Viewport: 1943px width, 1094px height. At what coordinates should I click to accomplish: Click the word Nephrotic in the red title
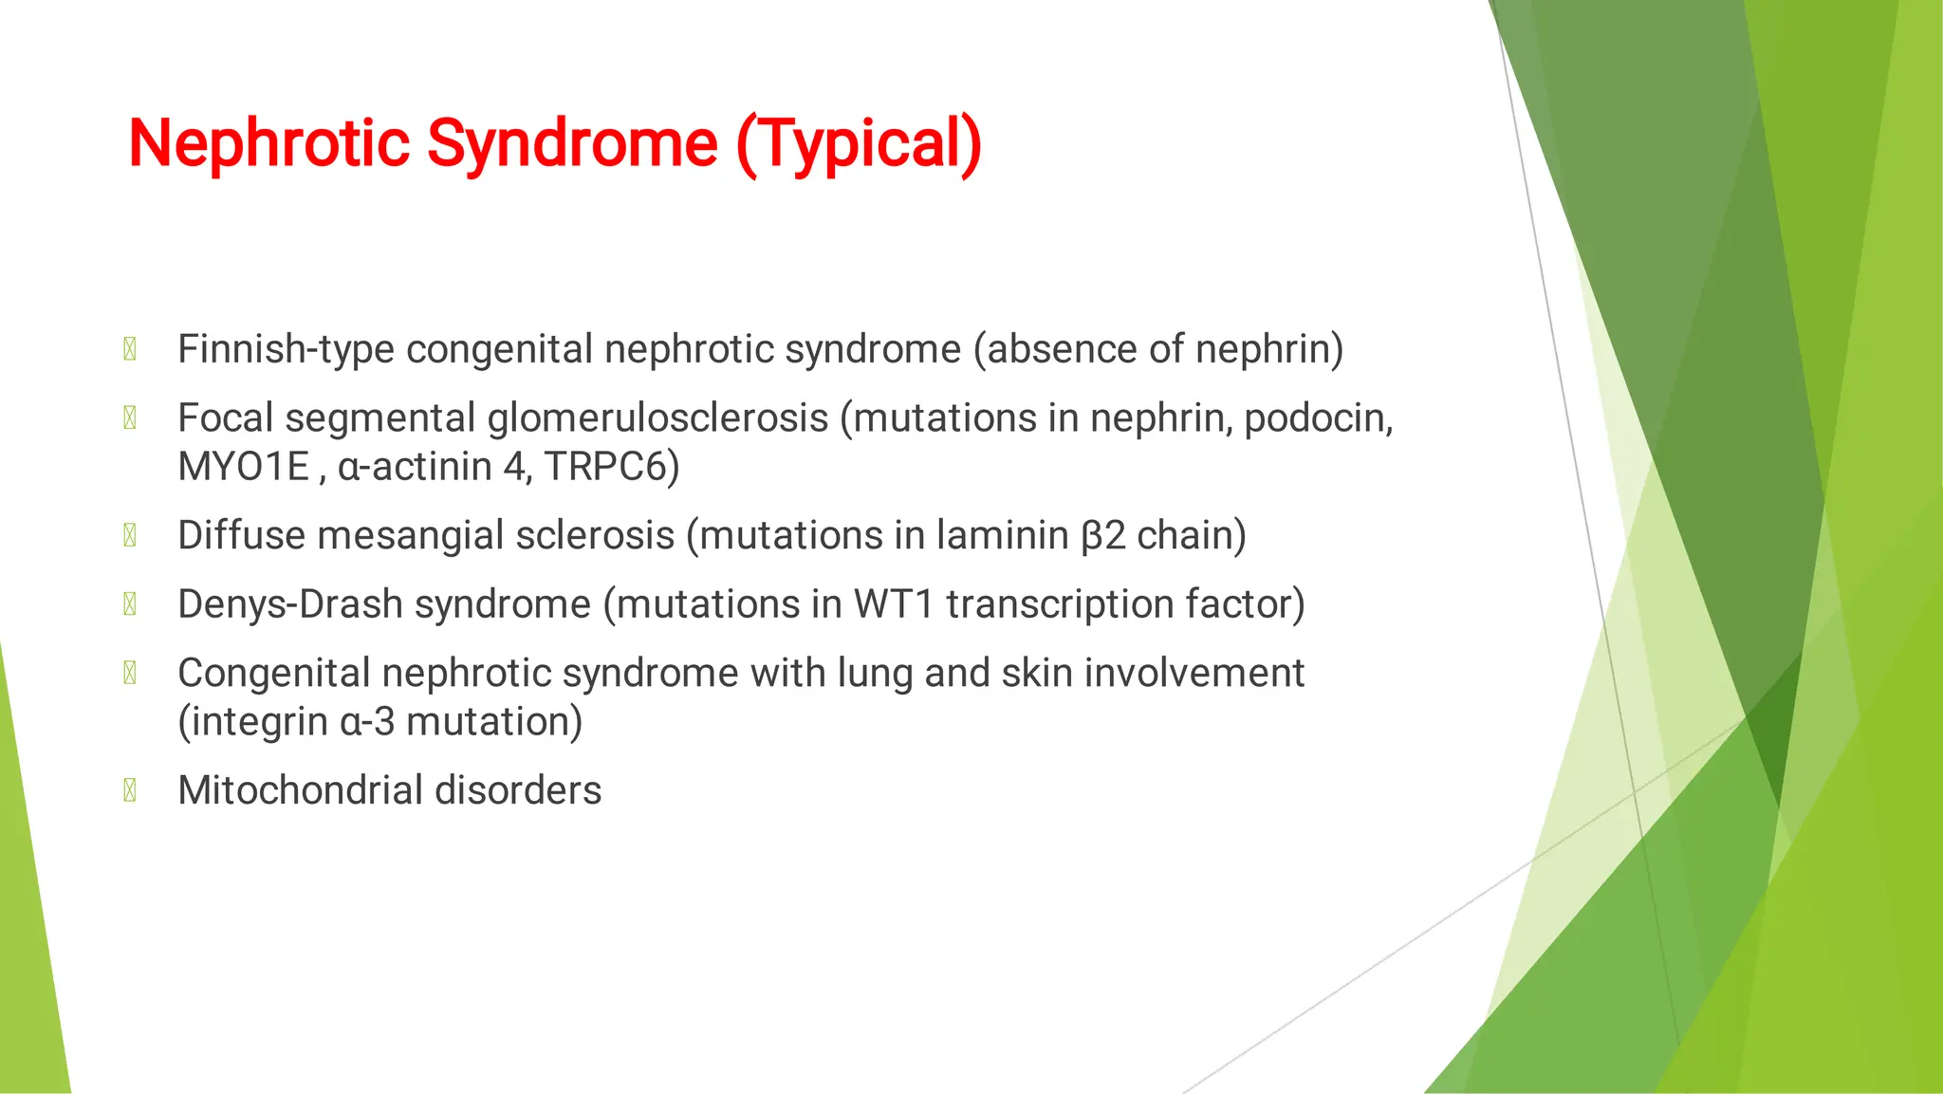[268, 144]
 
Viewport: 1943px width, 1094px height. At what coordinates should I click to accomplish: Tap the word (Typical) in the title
[859, 144]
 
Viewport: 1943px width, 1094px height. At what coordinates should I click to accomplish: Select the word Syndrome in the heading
[572, 144]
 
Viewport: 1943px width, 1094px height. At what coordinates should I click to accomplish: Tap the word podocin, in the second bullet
[1319, 418]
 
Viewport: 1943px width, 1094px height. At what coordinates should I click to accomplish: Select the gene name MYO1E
[244, 467]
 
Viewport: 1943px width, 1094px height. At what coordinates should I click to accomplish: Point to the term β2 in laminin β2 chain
[1102, 536]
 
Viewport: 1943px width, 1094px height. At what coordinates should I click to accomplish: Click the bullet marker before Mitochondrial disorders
[130, 790]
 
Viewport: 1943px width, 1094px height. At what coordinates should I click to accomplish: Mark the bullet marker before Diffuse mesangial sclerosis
[130, 536]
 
